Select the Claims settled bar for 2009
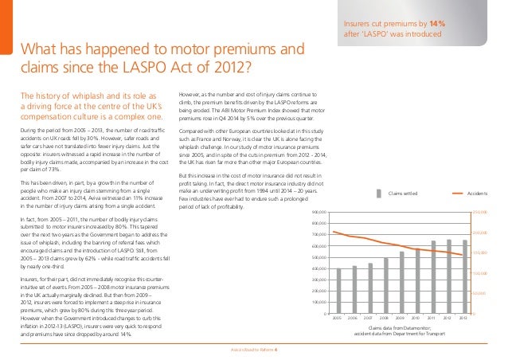pyautogui.click(x=402, y=281)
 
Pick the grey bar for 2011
pyautogui.click(x=434, y=275)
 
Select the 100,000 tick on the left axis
pyautogui.click(x=319, y=302)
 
